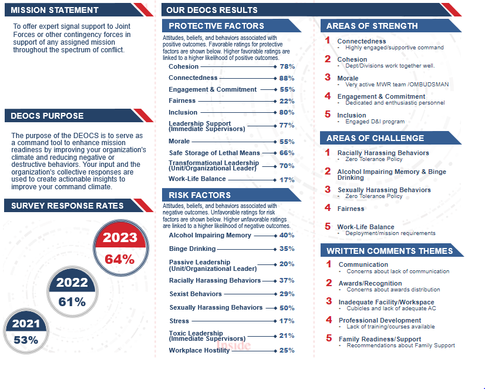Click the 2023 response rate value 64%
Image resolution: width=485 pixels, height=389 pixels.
[120, 259]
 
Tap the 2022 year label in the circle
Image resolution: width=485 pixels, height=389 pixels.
[72, 283]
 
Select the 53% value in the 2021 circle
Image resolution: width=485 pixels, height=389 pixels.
[26, 340]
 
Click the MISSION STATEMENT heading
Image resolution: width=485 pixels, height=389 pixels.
[55, 10]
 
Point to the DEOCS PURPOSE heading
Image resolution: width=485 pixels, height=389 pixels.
[47, 116]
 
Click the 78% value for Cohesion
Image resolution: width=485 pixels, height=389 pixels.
[287, 67]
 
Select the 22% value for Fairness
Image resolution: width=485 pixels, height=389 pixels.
[287, 101]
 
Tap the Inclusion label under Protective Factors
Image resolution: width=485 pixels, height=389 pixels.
[183, 112]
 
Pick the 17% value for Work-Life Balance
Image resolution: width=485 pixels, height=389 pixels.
[287, 180]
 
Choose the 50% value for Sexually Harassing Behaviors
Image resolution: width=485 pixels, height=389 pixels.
[287, 308]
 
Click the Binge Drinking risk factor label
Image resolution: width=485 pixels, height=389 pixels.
[192, 249]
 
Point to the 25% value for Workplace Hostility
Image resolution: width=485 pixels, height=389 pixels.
[287, 351]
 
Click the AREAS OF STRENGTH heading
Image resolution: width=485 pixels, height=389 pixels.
[372, 26]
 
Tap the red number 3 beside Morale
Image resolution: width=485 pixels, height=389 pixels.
[328, 78]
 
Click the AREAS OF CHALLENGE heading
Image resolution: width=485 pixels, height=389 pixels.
[375, 138]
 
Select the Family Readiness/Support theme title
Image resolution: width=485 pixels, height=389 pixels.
[379, 339]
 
